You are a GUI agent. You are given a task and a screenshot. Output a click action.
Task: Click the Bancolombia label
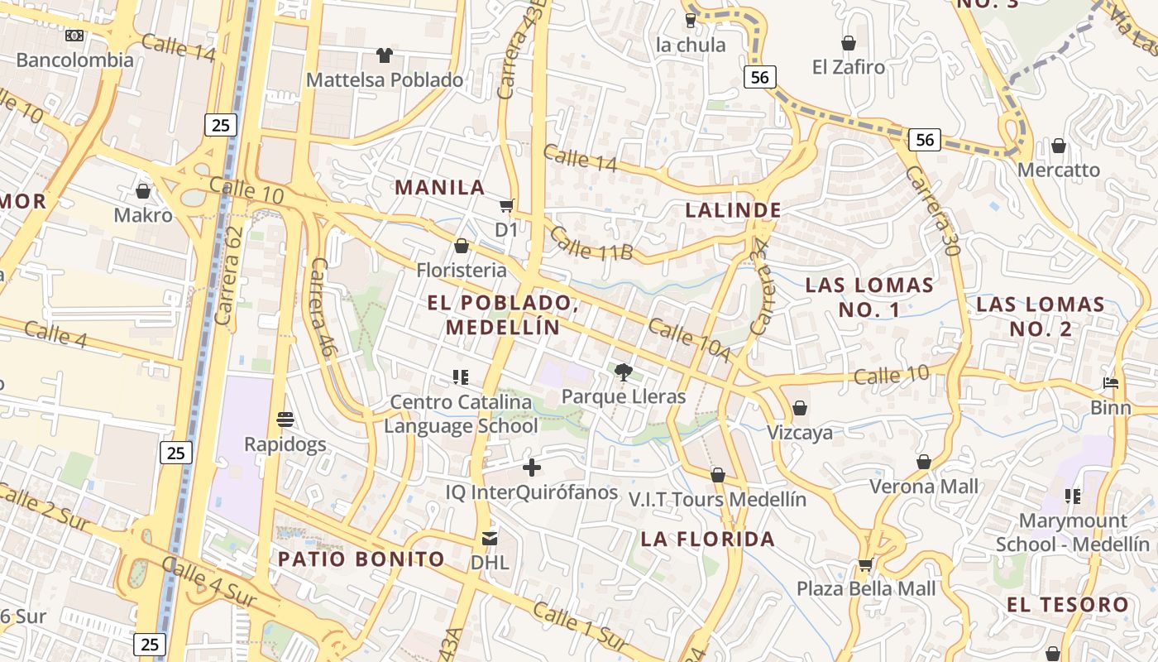[x=74, y=60]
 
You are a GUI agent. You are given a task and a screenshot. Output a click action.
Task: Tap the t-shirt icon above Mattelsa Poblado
[x=385, y=55]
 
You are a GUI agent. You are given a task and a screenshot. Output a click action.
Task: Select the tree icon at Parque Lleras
[x=624, y=372]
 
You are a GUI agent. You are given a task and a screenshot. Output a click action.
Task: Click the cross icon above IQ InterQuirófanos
[x=532, y=468]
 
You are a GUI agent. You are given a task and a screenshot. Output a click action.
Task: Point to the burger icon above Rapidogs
[x=285, y=420]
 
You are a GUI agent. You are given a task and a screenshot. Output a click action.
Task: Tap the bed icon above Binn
[x=1111, y=383]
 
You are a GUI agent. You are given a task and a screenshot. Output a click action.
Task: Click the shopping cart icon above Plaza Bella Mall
[x=865, y=564]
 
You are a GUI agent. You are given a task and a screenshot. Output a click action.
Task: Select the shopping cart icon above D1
[x=506, y=205]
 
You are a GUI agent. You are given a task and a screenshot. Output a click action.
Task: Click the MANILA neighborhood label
[x=440, y=187]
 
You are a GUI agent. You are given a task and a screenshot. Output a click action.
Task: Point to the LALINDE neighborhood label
[x=734, y=210]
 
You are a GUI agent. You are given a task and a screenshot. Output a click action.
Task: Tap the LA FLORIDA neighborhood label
[x=708, y=540]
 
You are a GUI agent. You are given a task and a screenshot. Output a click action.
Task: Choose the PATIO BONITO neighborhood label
[x=361, y=559]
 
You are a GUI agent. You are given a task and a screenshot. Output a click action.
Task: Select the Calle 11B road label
[x=591, y=243]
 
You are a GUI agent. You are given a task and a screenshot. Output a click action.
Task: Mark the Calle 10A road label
[x=689, y=340]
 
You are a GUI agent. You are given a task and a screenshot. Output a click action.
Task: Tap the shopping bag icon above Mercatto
[x=1059, y=146]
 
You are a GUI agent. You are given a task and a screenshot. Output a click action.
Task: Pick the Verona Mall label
[x=924, y=486]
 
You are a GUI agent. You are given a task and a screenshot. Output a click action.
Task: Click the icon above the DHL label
[x=490, y=539]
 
